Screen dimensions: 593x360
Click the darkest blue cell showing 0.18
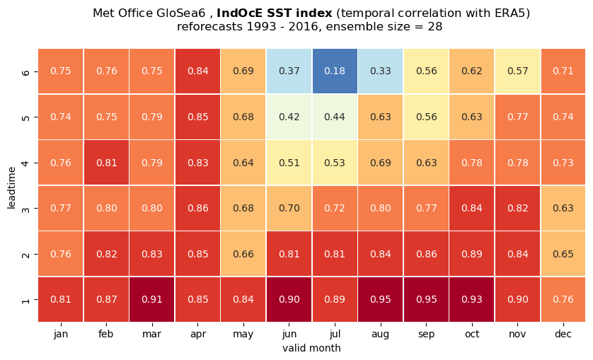coord(335,71)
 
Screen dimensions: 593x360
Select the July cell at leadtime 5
coord(335,117)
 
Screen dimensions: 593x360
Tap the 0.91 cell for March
coord(152,299)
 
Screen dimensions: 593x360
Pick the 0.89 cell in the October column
coord(472,254)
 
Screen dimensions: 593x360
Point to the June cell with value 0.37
coord(289,71)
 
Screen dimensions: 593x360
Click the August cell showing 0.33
coord(381,71)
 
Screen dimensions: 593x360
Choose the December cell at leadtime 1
coord(563,299)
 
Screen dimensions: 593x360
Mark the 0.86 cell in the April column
coord(198,208)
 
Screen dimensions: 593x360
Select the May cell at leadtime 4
coord(243,163)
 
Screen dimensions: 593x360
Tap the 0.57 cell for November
coord(518,71)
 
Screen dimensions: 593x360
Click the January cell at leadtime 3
coord(61,208)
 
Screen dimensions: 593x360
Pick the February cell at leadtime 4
coord(106,163)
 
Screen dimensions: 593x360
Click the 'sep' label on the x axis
coord(426,335)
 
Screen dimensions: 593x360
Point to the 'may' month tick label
coord(243,335)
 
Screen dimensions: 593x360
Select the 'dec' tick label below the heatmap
coord(563,334)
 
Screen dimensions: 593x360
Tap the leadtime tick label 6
coord(25,71)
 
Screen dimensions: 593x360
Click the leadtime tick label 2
coord(25,254)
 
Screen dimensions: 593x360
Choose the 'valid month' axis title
coord(311,348)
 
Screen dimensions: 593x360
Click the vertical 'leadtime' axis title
coord(11,187)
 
